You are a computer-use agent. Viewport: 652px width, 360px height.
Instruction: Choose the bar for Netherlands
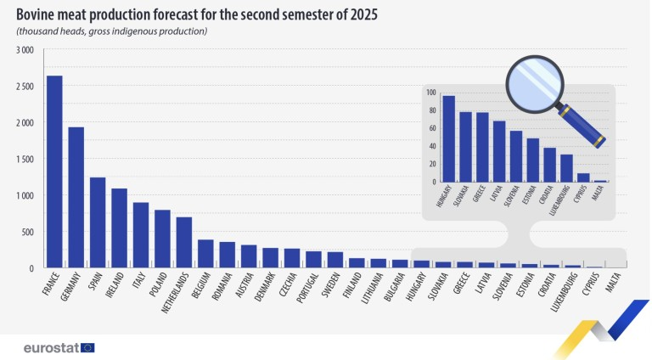point(184,242)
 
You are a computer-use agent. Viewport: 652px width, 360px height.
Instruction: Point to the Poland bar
point(162,239)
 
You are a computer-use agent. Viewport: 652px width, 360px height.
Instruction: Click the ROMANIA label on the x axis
point(223,288)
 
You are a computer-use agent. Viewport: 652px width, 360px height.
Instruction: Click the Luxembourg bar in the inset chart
point(567,168)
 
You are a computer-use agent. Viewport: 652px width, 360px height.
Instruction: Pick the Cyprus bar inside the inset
point(583,177)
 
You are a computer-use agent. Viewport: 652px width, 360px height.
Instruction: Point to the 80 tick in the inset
point(431,110)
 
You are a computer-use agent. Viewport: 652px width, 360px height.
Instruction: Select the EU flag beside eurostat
point(87,346)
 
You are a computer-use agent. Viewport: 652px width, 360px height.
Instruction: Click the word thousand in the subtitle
point(39,31)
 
